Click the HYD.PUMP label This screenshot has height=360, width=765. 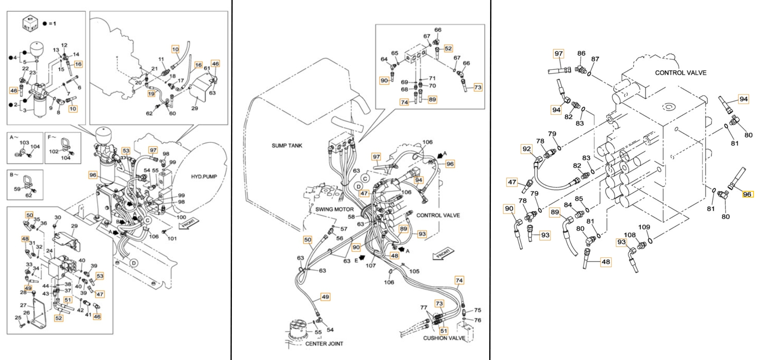[204, 177]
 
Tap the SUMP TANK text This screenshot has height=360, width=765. [287, 145]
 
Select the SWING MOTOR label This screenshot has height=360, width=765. [334, 209]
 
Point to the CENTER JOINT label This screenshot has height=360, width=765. [324, 344]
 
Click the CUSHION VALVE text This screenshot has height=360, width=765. [444, 338]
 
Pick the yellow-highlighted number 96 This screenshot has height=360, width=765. [747, 194]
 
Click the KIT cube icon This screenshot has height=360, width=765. [31, 23]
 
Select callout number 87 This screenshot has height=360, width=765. [595, 59]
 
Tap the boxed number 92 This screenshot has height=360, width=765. [526, 149]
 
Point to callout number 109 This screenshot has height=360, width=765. [644, 227]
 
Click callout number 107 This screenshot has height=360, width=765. [371, 266]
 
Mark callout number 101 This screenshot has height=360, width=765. [172, 239]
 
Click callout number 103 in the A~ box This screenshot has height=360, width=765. [24, 142]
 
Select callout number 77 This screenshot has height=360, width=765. [424, 307]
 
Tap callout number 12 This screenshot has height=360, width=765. [64, 45]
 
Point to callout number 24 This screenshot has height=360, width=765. [49, 251]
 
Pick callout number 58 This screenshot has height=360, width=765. [351, 217]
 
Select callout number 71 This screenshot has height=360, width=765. [432, 78]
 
